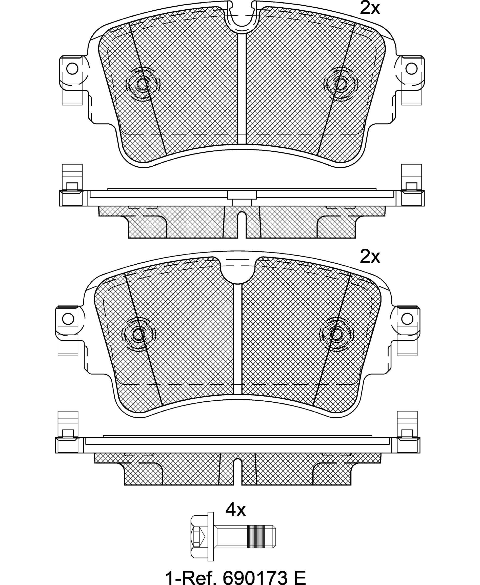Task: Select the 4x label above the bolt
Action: click(x=235, y=510)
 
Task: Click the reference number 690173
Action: click(x=255, y=576)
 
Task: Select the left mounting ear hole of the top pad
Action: click(x=72, y=68)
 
